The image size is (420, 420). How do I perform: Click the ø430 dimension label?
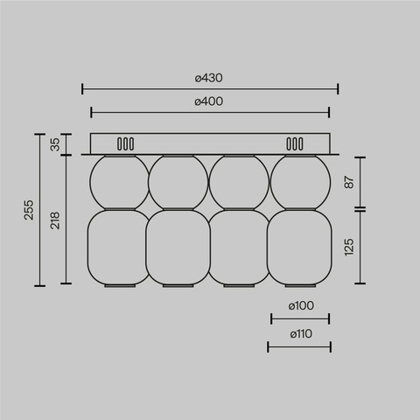pyautogui.click(x=209, y=79)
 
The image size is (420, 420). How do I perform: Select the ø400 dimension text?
pyautogui.click(x=209, y=101)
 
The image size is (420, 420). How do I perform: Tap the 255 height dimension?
pyautogui.click(x=29, y=210)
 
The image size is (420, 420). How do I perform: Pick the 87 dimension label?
pyautogui.click(x=349, y=182)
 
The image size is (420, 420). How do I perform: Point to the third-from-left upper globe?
pyautogui.click(x=239, y=181)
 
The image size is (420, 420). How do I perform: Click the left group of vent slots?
pyautogui.click(x=126, y=143)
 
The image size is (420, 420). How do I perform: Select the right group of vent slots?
pyautogui.click(x=291, y=143)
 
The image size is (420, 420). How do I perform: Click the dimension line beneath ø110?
pyautogui.click(x=299, y=346)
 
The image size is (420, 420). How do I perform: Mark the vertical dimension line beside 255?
pyautogui.click(x=39, y=210)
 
